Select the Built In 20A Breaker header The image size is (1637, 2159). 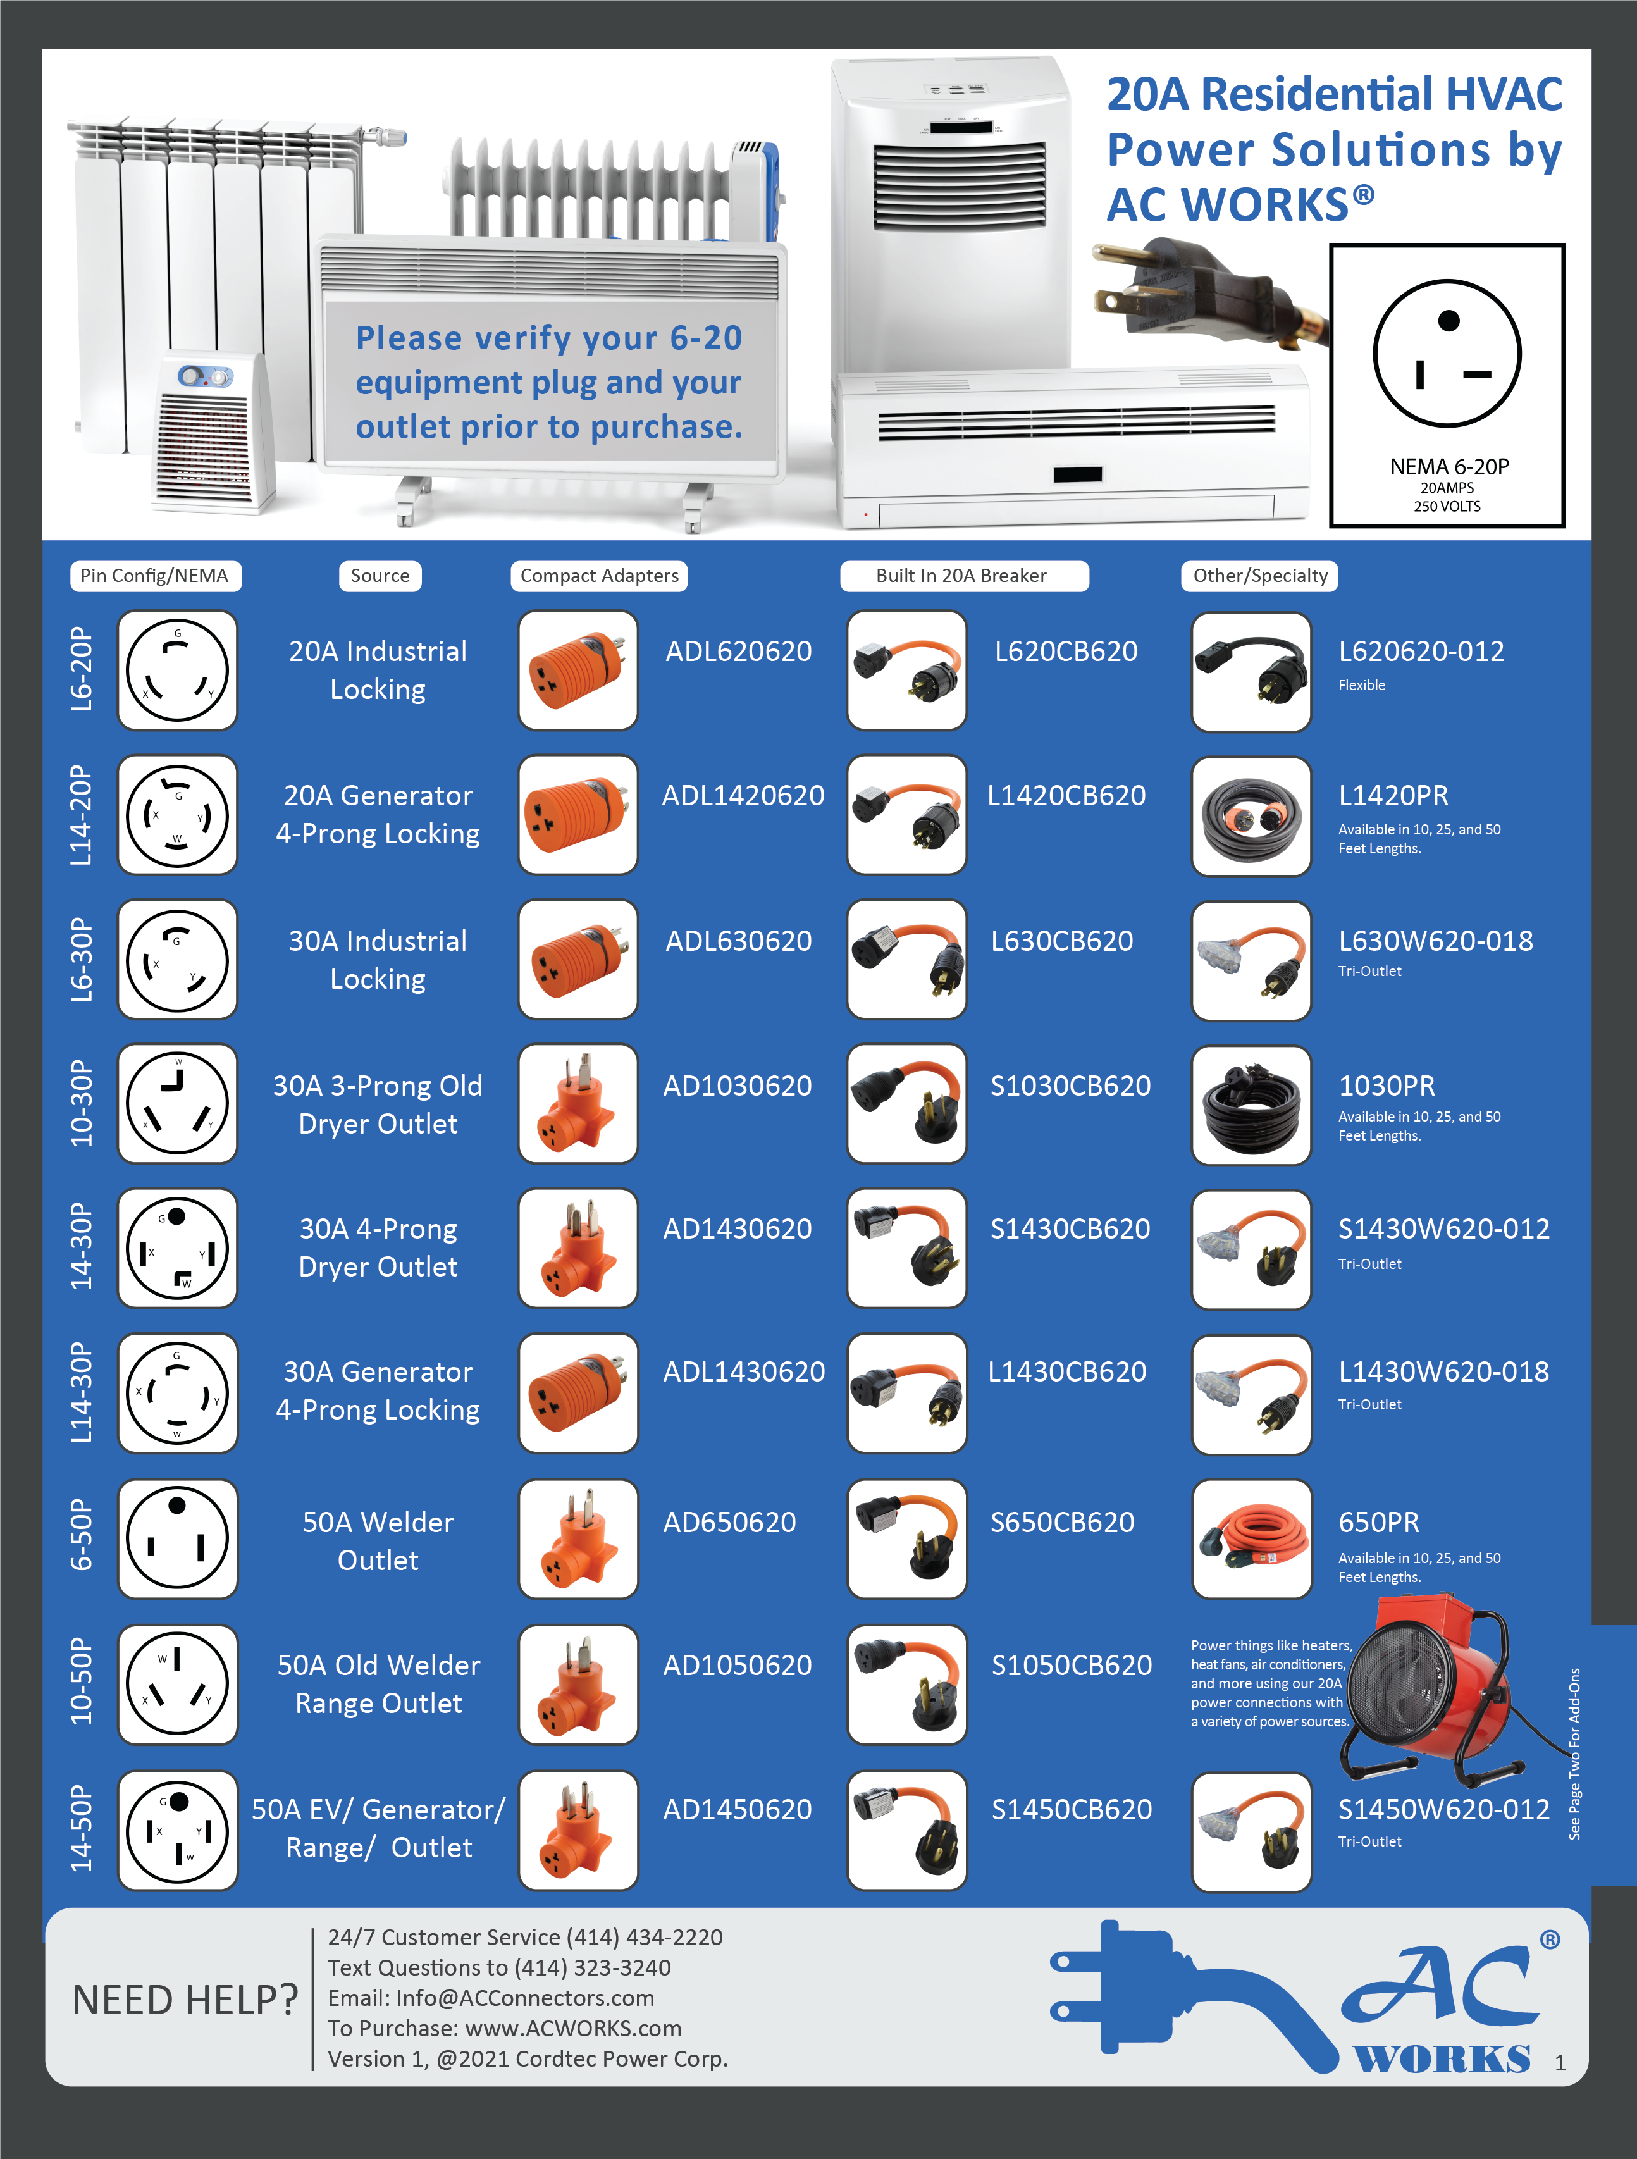point(963,576)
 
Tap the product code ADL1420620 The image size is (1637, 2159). point(742,796)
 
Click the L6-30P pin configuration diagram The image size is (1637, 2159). point(178,960)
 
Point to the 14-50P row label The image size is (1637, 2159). point(82,1828)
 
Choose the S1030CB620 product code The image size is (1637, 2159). point(1070,1086)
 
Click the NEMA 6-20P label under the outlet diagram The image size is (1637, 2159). point(1449,467)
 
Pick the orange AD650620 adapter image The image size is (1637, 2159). point(578,1538)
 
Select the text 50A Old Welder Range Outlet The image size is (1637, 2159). point(379,1684)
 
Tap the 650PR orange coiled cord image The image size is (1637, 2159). point(1251,1538)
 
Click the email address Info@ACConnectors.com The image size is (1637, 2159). point(491,1998)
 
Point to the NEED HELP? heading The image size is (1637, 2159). point(185,2000)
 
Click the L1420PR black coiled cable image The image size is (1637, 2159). point(1251,816)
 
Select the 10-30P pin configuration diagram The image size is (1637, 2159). point(178,1103)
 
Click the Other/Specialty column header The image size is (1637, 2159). point(1259,576)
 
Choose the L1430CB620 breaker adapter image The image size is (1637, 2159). point(907,1393)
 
